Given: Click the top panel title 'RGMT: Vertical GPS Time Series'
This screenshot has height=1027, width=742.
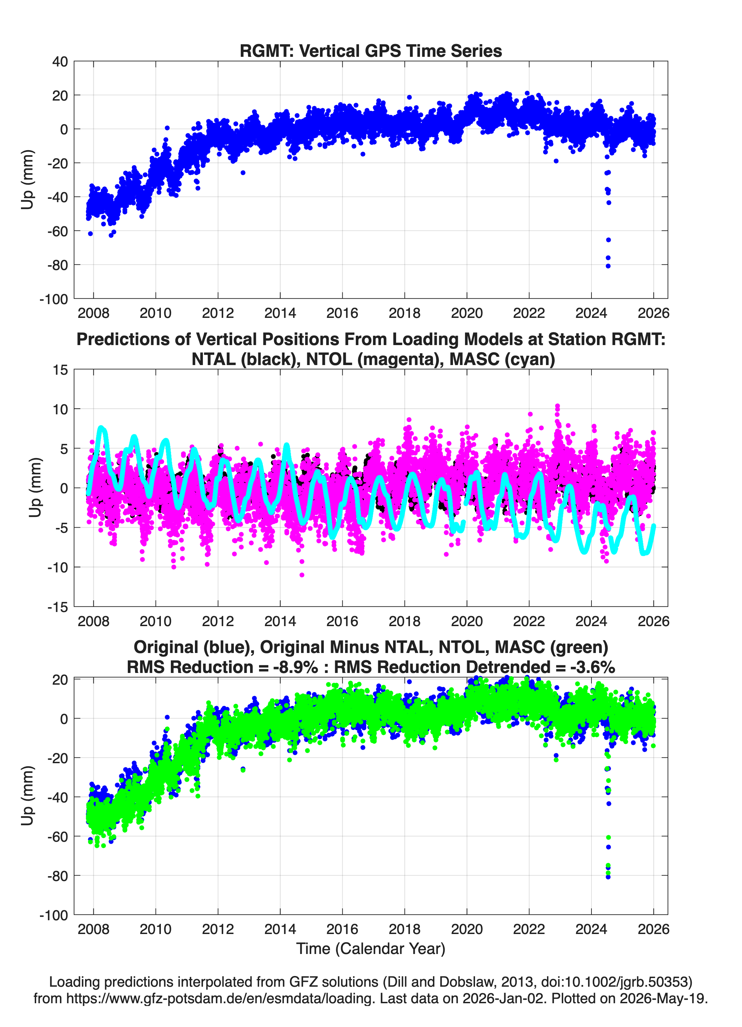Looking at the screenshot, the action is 371,51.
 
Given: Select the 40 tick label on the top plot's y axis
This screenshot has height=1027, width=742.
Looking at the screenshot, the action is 60,62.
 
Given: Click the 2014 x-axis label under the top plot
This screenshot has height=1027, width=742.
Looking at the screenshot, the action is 280,313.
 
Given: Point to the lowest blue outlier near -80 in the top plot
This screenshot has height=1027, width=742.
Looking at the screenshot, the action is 608,266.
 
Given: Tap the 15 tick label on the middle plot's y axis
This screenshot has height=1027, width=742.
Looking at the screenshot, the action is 60,370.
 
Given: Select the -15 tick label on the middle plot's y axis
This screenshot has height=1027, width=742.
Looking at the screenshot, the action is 57,607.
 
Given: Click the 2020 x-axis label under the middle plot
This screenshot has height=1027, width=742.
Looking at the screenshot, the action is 466,621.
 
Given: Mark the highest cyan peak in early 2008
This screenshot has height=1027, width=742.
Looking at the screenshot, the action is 101,428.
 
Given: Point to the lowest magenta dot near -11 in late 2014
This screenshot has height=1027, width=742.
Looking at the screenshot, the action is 302,575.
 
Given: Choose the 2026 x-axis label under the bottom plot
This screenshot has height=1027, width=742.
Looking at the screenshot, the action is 653,929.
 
